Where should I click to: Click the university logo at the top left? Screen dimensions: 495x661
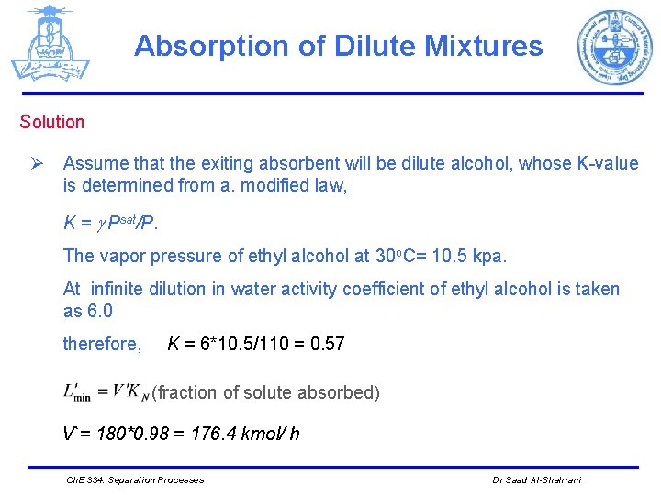click(50, 44)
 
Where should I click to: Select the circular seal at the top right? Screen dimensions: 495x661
click(613, 48)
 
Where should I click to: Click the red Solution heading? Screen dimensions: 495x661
click(52, 122)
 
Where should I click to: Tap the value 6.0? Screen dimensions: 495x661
click(100, 311)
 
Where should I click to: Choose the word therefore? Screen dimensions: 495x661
click(101, 345)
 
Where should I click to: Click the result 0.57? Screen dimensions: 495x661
click(327, 345)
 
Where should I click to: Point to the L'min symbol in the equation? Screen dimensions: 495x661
click(76, 391)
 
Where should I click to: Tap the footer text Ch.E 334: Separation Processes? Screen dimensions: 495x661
click(136, 479)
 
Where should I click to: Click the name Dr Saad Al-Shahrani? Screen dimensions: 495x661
click(538, 479)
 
